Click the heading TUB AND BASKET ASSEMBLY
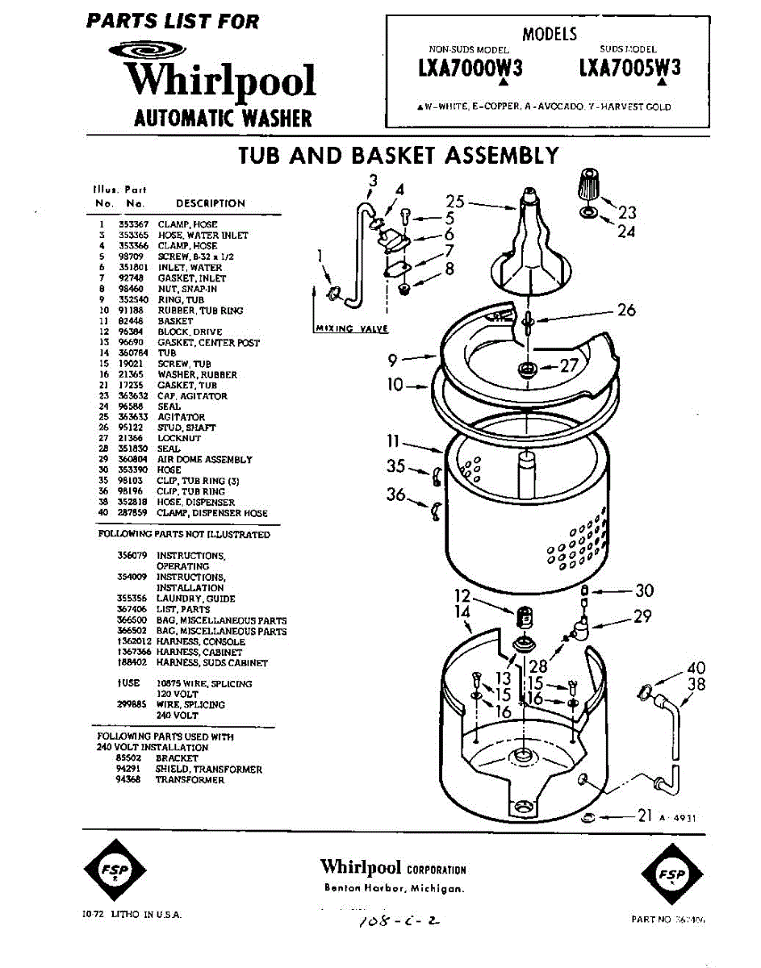pyautogui.click(x=399, y=155)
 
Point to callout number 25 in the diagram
pyautogui.click(x=455, y=202)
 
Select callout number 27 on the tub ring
pyautogui.click(x=569, y=365)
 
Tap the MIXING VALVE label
pyautogui.click(x=350, y=328)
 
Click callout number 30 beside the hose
pyautogui.click(x=644, y=590)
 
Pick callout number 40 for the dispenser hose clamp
pyautogui.click(x=696, y=668)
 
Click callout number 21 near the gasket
pyautogui.click(x=644, y=816)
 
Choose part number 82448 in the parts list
pyautogui.click(x=131, y=321)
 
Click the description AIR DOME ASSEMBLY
pyautogui.click(x=205, y=460)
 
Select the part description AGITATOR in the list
pyautogui.click(x=182, y=417)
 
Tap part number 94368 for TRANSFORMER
pyautogui.click(x=130, y=780)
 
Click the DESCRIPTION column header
pyautogui.click(x=211, y=203)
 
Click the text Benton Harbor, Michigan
pyautogui.click(x=394, y=889)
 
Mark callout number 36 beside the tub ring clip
pyautogui.click(x=395, y=494)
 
